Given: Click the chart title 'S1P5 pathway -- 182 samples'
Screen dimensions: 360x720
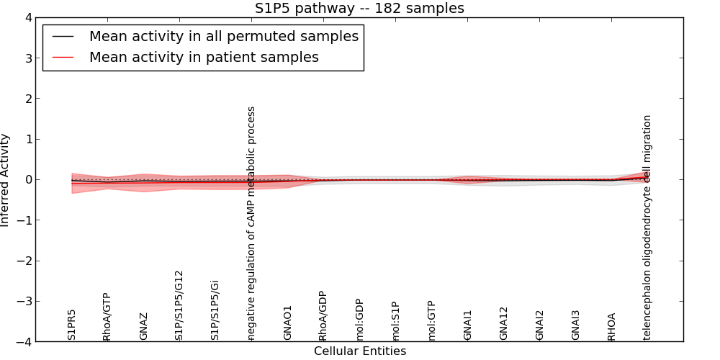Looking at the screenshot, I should (359, 9).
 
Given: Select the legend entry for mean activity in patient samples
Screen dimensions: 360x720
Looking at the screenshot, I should (204, 57).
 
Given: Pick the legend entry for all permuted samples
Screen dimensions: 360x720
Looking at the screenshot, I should (223, 36).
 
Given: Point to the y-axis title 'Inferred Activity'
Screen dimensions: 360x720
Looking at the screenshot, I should (6, 180).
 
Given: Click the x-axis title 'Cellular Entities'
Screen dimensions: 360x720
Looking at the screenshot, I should (359, 351).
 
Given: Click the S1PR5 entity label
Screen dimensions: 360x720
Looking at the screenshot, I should (72, 325).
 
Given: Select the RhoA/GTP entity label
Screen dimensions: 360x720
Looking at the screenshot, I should (107, 317).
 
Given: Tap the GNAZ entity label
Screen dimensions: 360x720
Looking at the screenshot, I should (144, 326).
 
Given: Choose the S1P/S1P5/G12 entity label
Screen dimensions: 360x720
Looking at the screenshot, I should (180, 305).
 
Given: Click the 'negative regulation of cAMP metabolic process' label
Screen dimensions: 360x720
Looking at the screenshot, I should (252, 223).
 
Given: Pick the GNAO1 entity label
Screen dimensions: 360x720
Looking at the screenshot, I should (288, 323).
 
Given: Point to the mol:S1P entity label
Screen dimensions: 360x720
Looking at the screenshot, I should (396, 321).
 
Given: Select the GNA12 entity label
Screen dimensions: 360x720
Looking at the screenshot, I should (504, 323).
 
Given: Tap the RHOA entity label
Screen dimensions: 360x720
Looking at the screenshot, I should (612, 326).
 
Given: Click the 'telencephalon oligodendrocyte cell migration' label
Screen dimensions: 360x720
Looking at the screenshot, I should (648, 227).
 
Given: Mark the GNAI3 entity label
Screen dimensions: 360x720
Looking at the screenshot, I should (576, 325).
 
